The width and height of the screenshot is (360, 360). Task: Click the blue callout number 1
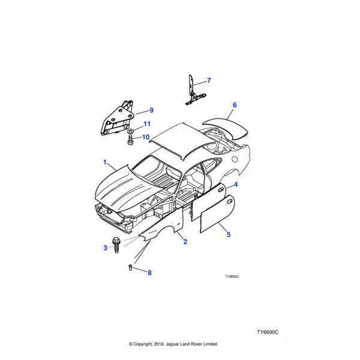click(104, 162)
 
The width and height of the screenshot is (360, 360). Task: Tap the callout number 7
click(209, 80)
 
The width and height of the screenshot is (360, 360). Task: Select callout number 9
click(151, 110)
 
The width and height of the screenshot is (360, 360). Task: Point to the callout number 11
click(147, 124)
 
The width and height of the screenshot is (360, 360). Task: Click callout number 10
click(146, 137)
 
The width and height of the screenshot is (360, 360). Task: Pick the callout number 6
click(235, 105)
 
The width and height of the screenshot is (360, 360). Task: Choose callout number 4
click(236, 184)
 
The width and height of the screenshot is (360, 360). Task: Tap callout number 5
click(229, 235)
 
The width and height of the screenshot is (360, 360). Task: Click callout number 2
click(185, 242)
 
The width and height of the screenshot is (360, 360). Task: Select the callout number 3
click(105, 248)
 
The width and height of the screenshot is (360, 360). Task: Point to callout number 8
click(149, 272)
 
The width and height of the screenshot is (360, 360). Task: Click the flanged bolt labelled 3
click(116, 245)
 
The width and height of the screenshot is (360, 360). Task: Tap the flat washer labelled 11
click(131, 131)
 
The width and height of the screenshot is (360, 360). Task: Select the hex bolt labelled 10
click(130, 140)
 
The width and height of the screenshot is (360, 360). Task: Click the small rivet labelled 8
click(130, 268)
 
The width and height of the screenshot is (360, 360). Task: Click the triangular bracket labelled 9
click(117, 118)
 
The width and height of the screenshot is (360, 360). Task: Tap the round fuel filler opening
click(235, 159)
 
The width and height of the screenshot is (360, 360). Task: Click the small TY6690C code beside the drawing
click(232, 277)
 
